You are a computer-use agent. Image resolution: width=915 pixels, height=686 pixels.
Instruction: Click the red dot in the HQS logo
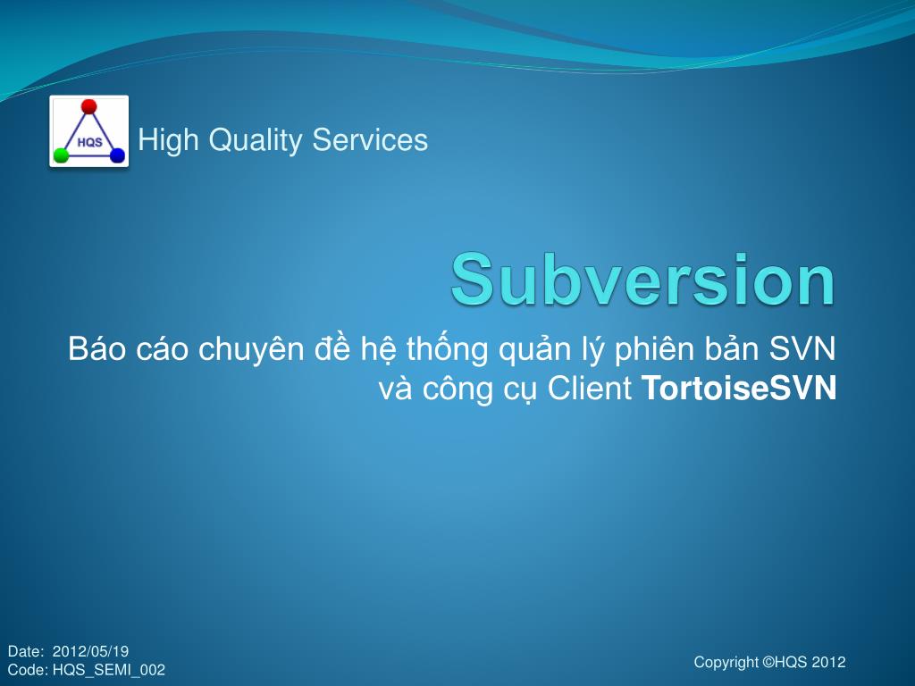click(x=88, y=107)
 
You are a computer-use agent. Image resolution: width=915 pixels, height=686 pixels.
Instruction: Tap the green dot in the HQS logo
click(x=61, y=155)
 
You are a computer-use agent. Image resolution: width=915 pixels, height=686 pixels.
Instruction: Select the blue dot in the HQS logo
click(x=117, y=155)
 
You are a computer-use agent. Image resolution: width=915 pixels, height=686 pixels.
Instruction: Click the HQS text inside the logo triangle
click(x=89, y=142)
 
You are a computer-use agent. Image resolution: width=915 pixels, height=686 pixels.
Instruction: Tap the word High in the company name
click(x=168, y=140)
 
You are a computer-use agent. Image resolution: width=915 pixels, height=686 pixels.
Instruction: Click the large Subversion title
click(x=642, y=279)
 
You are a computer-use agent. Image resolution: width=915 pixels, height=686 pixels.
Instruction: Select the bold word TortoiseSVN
click(x=739, y=389)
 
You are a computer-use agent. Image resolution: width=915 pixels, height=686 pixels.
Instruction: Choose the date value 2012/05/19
click(x=91, y=651)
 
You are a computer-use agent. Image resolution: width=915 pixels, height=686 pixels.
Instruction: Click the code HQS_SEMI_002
click(x=108, y=670)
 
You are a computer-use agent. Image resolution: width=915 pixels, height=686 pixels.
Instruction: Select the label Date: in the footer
click(x=25, y=651)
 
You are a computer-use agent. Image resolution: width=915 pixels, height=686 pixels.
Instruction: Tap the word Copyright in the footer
click(x=726, y=662)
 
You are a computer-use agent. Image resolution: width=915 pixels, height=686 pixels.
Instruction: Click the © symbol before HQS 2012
click(x=768, y=662)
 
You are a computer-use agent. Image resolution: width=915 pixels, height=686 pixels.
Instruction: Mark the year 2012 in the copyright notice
click(x=828, y=662)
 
